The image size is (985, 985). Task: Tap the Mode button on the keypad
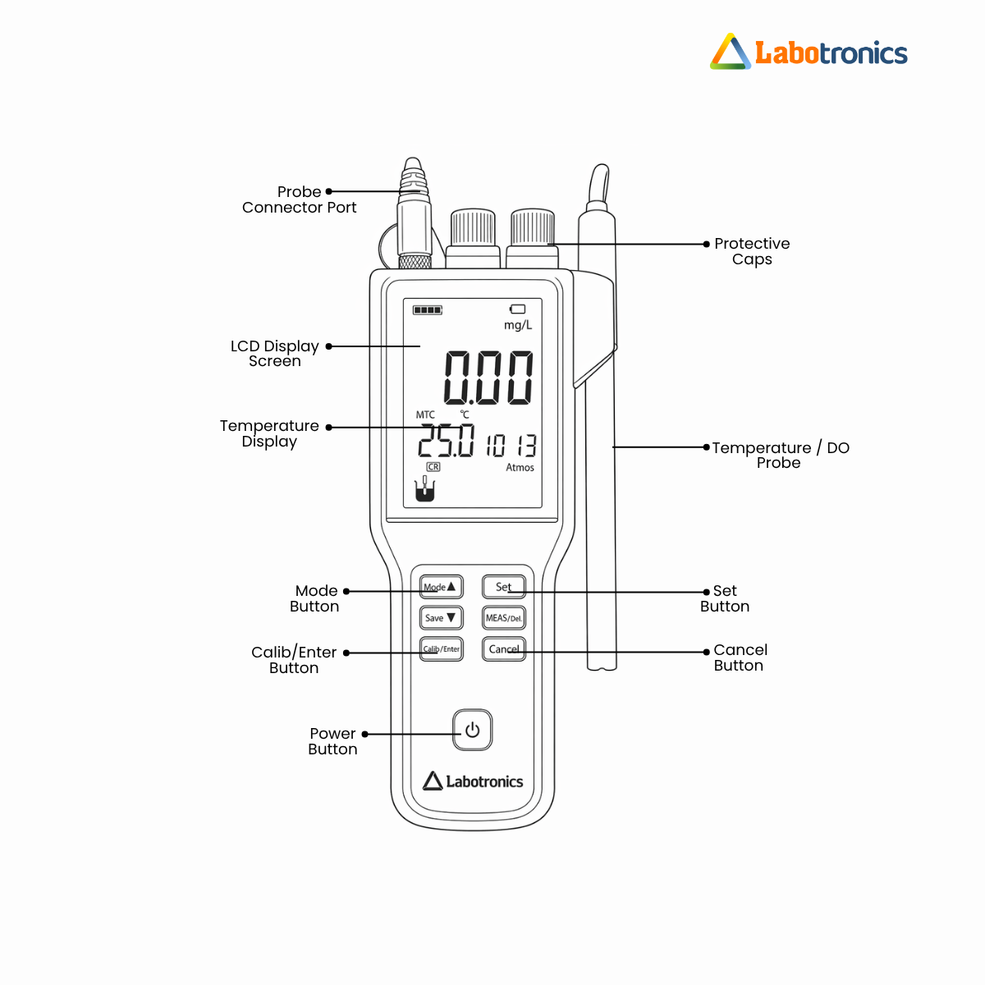click(x=442, y=587)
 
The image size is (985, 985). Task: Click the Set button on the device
click(x=503, y=587)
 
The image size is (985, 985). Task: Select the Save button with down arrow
click(x=442, y=618)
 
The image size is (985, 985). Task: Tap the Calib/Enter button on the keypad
click(x=442, y=649)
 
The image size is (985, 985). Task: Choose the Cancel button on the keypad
click(x=503, y=649)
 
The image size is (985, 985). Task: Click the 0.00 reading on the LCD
click(x=488, y=378)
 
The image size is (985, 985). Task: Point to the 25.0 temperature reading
click(x=446, y=442)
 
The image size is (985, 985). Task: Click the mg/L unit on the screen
click(x=518, y=325)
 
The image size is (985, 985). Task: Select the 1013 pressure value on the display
click(x=511, y=446)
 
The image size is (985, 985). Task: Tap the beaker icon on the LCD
click(x=424, y=491)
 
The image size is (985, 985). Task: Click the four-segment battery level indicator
click(x=428, y=310)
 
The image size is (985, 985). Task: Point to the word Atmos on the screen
click(x=520, y=468)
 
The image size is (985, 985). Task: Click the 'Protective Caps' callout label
click(x=752, y=251)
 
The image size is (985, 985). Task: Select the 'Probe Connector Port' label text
click(x=300, y=199)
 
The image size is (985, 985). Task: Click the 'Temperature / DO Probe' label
click(x=780, y=455)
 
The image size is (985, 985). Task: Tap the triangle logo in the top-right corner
click(x=731, y=53)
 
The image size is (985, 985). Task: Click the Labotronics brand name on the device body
click(x=483, y=781)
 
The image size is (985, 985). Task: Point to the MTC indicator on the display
click(x=425, y=415)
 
